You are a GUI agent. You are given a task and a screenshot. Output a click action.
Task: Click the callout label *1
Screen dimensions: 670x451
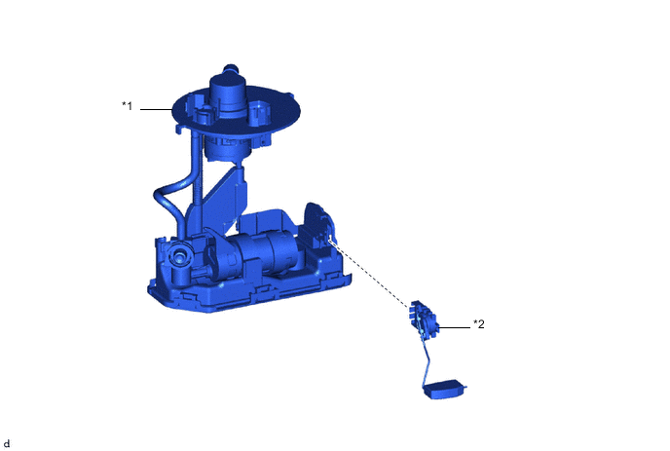pos(128,105)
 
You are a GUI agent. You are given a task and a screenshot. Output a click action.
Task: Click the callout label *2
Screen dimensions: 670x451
pos(479,324)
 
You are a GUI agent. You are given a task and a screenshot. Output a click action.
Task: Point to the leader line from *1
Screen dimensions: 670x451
pos(156,109)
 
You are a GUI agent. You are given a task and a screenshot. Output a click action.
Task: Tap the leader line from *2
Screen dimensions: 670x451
pos(454,328)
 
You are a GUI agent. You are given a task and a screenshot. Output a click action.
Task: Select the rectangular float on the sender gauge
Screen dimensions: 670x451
pos(443,389)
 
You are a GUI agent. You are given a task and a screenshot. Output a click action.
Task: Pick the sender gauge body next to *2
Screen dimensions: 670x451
pos(424,319)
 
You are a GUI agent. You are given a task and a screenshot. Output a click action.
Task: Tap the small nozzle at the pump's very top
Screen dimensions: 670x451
pos(230,69)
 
